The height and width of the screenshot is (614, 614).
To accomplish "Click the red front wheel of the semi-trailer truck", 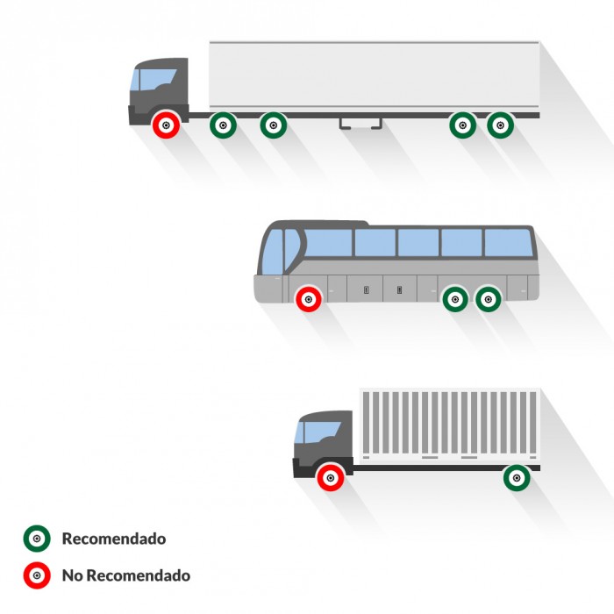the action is (166, 125).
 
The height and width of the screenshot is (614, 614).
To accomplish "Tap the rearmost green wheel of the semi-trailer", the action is (500, 125).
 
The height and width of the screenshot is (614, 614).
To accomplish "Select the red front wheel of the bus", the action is (309, 300).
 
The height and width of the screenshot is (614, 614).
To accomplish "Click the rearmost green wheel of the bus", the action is (489, 300).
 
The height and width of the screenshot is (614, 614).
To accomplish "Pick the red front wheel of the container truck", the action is (331, 478).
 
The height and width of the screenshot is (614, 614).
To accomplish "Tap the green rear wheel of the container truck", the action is (517, 478).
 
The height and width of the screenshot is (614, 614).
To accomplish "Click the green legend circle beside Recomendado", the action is (37, 539).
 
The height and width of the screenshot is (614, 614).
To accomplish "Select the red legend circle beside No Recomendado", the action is (37, 575).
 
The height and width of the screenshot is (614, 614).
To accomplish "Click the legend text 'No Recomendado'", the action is (126, 575).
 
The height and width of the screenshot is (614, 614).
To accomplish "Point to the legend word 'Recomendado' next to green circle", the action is (114, 539).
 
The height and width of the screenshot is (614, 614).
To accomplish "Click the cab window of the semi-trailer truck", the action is (153, 80).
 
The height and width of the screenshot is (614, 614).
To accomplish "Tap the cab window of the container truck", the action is (318, 432).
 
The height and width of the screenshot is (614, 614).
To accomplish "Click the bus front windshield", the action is (272, 253).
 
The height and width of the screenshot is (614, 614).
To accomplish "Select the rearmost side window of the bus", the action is (509, 243).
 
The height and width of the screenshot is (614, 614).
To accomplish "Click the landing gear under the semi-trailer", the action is (361, 124).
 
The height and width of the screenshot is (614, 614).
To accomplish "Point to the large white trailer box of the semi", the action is (375, 74).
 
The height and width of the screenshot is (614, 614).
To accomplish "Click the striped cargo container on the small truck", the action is (450, 424).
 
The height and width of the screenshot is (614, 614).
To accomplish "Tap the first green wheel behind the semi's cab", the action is (223, 125).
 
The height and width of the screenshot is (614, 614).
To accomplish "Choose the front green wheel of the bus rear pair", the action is (455, 300).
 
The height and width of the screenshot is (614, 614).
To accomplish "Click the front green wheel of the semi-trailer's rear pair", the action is (462, 125).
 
